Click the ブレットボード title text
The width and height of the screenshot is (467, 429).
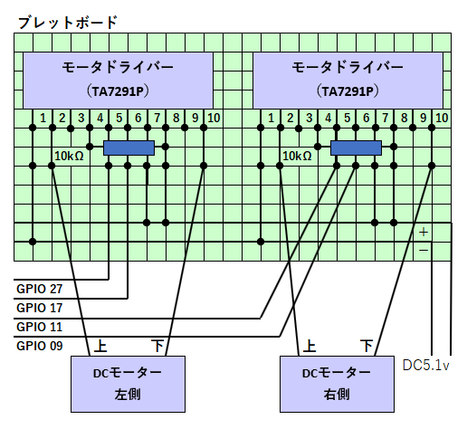[68, 23]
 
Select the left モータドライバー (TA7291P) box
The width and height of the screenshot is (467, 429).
[118, 81]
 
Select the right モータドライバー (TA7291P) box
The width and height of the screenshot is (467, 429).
[348, 81]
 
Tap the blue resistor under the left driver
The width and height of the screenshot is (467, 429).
[129, 148]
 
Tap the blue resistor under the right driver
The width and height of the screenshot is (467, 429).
[356, 148]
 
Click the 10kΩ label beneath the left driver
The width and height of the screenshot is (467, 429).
[69, 156]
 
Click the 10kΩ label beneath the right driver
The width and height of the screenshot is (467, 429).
[297, 156]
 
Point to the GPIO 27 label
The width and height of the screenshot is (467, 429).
[40, 289]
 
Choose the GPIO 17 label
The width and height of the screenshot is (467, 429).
[40, 308]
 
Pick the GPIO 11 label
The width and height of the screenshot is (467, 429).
[40, 327]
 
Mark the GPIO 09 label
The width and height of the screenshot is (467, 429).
[40, 346]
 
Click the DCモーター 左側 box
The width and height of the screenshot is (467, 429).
[128, 384]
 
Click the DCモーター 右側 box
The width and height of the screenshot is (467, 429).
[337, 384]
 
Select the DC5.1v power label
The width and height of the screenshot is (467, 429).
[426, 366]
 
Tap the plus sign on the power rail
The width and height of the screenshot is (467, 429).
[424, 232]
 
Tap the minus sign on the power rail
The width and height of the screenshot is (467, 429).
[424, 250]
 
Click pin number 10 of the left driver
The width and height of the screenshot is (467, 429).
[214, 118]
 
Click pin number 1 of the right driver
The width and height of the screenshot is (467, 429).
[271, 118]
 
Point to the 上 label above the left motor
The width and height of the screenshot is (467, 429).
[100, 346]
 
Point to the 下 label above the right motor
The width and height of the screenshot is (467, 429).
[367, 346]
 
